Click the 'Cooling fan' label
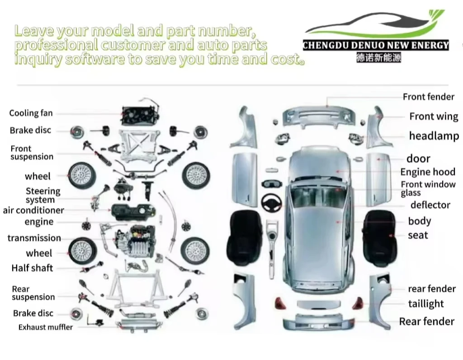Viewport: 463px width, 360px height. pyautogui.click(x=31, y=113)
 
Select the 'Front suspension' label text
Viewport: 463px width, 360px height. pyautogui.click(x=32, y=153)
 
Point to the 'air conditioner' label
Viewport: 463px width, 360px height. pyautogui.click(x=33, y=210)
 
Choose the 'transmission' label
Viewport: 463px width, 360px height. pyautogui.click(x=34, y=238)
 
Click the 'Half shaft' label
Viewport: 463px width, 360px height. pyautogui.click(x=32, y=268)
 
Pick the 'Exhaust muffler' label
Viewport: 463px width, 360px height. pyautogui.click(x=45, y=327)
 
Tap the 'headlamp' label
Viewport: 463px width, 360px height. pyautogui.click(x=434, y=136)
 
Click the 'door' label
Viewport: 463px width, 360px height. pyautogui.click(x=418, y=158)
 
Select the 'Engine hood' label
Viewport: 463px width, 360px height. pyautogui.click(x=428, y=172)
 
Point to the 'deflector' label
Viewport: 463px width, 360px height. pyautogui.click(x=430, y=205)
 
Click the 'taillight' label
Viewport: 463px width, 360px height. pyautogui.click(x=426, y=304)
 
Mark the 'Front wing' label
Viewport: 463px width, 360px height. pyautogui.click(x=434, y=117)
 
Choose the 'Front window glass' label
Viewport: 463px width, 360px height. pyautogui.click(x=428, y=189)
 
